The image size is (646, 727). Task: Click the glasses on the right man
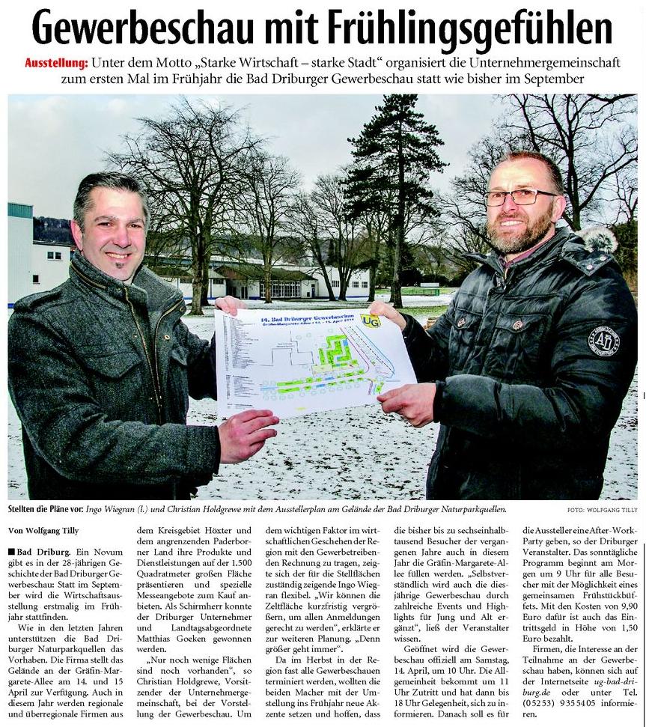coord(519,197)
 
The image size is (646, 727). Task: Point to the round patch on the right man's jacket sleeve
coord(603,340)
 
